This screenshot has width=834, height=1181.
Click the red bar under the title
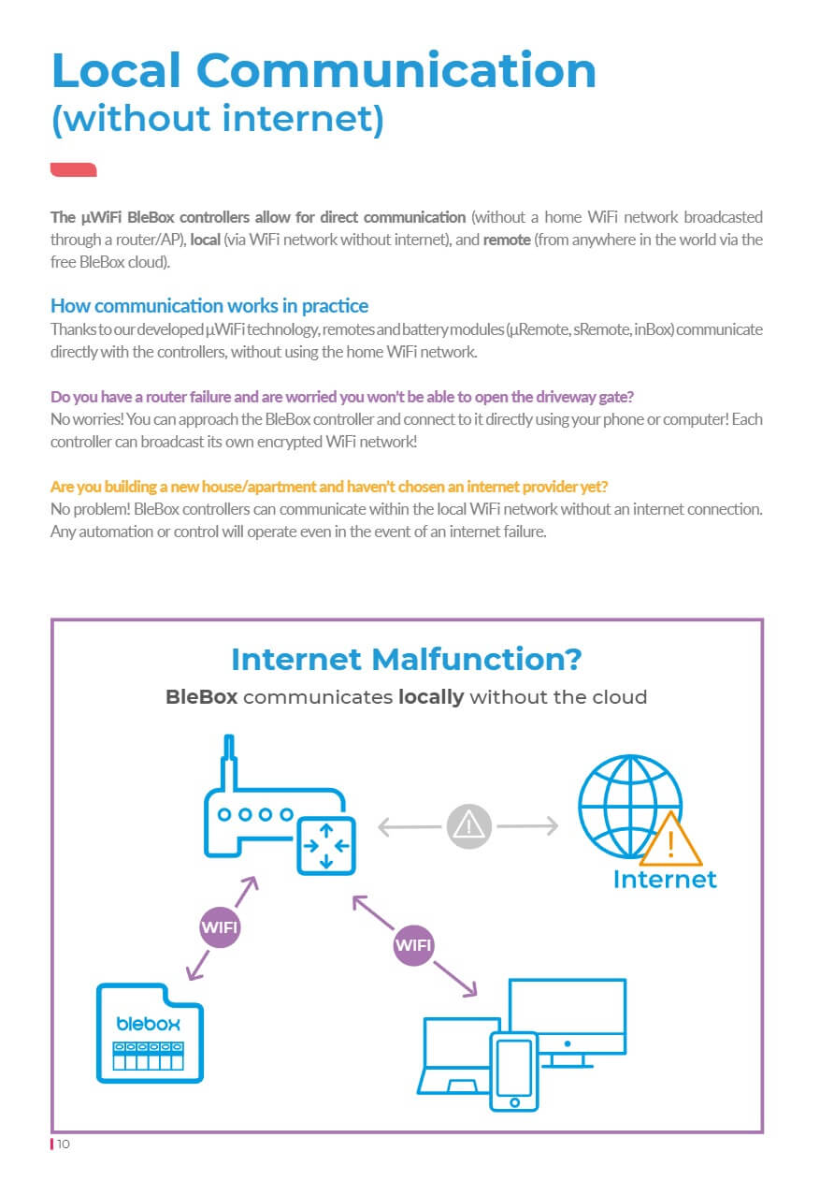point(74,169)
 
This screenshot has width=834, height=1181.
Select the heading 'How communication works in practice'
point(209,306)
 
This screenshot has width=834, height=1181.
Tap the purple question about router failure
point(342,396)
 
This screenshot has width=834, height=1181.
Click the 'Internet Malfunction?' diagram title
point(406,659)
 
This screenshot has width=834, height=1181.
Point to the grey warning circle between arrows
point(468,825)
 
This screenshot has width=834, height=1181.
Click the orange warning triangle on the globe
point(669,840)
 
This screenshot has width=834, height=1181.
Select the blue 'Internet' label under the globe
point(665,880)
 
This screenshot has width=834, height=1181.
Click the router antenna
point(226,763)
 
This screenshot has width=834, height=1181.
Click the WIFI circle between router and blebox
point(221,928)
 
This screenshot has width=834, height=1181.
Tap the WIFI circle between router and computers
point(413,945)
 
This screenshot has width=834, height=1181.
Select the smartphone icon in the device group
point(514,1072)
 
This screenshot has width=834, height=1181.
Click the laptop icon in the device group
point(453,1057)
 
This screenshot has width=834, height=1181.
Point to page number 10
point(64,1145)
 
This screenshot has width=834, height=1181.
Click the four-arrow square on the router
point(325,844)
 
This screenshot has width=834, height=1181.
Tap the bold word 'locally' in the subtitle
point(431,697)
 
